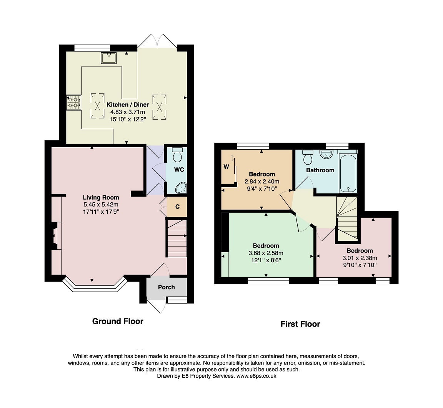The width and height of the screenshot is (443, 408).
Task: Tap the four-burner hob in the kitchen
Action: (x=74, y=103)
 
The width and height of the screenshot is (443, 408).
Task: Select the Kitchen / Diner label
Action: (x=128, y=105)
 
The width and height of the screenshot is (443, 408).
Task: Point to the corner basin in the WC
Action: (x=181, y=188)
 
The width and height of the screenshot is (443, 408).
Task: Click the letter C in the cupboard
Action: (x=177, y=207)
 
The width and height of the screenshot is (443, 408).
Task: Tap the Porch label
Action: (x=166, y=287)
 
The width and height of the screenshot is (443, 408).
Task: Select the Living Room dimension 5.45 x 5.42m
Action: (x=101, y=205)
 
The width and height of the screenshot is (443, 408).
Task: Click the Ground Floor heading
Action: (x=118, y=321)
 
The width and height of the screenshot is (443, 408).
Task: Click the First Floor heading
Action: (x=300, y=324)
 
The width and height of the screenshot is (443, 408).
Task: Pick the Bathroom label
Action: (x=320, y=170)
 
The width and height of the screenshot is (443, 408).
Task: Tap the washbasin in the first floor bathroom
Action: (x=326, y=154)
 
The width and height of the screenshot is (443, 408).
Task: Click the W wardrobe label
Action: (x=226, y=167)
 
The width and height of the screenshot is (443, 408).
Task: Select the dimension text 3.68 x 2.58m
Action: (x=266, y=253)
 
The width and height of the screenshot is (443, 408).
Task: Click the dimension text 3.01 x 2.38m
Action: (x=360, y=258)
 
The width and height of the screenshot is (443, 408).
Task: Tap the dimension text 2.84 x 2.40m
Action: (x=262, y=182)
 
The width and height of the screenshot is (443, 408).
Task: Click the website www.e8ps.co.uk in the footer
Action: (x=256, y=376)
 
